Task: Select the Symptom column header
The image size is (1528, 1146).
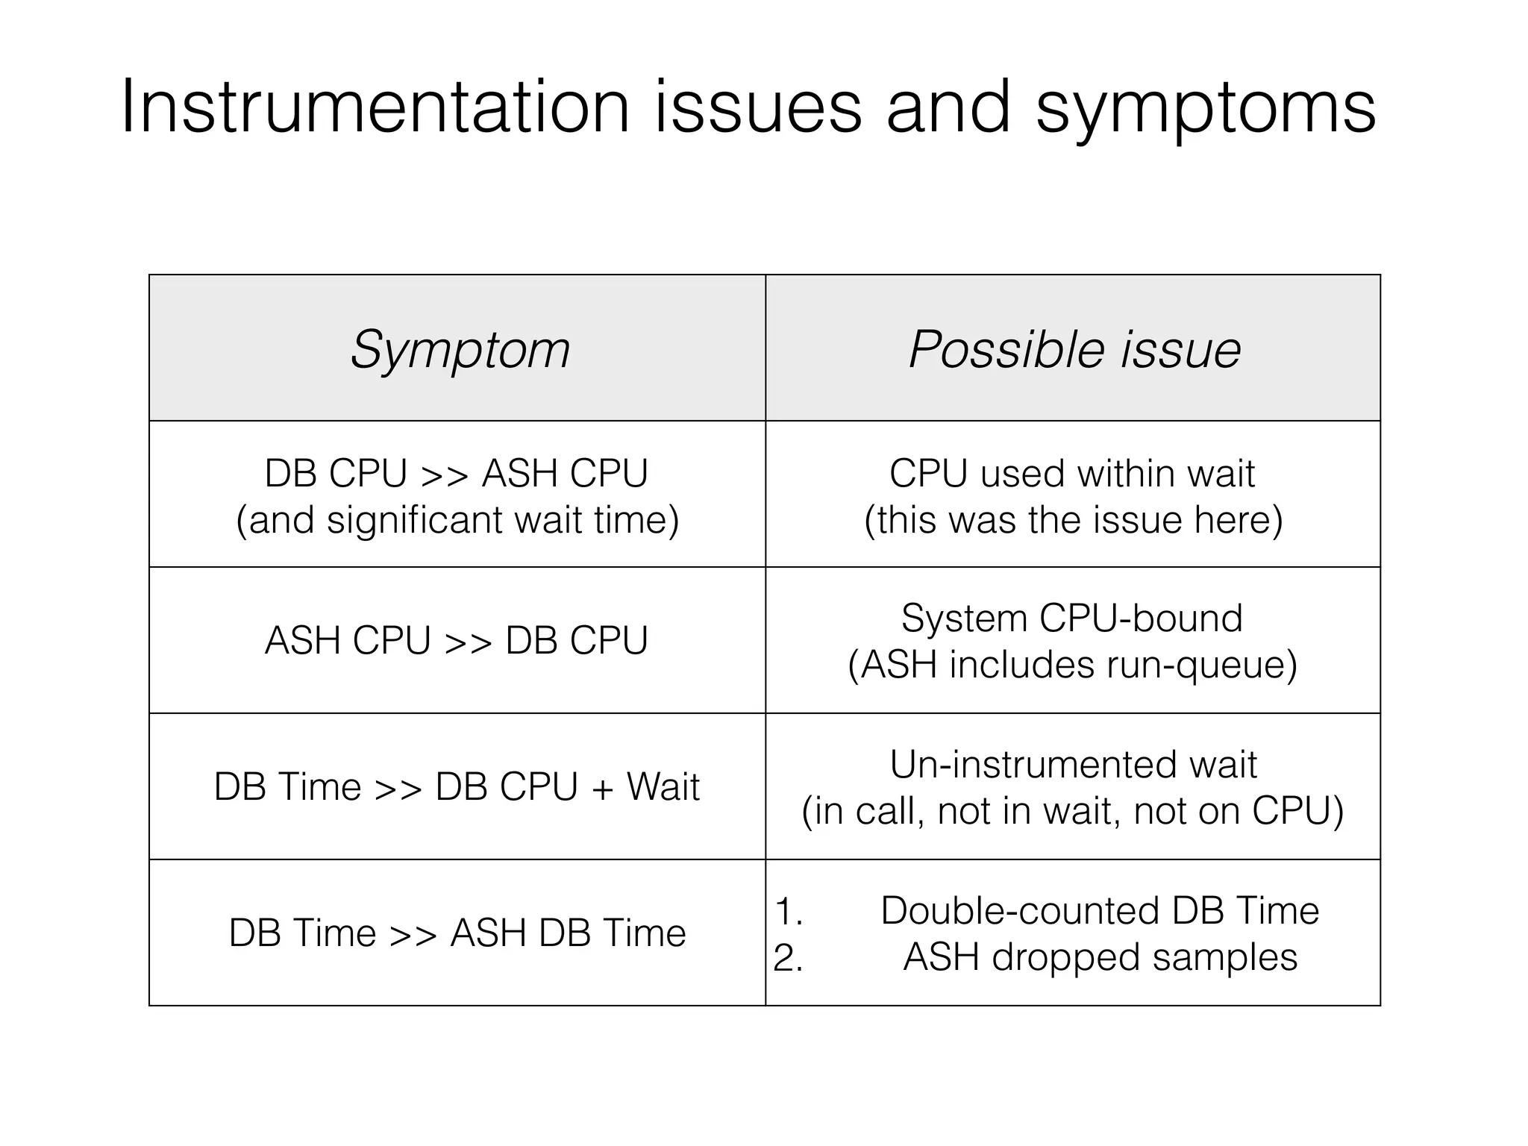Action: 460,349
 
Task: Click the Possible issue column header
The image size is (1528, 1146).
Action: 1074,349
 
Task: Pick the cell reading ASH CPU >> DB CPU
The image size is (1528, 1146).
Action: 457,640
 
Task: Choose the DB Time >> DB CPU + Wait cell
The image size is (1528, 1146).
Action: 457,786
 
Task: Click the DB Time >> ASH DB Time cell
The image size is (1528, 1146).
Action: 457,933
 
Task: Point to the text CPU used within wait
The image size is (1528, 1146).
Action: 1072,473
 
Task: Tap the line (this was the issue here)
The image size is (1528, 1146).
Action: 1073,520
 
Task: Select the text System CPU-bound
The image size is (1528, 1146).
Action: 1072,618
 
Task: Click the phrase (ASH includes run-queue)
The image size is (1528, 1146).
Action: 1073,665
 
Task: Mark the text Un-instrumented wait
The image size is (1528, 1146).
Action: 1073,764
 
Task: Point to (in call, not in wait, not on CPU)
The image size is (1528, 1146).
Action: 1073,811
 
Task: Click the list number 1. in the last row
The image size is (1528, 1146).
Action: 789,912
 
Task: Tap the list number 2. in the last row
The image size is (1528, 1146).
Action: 789,958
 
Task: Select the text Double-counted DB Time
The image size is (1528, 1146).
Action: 1100,910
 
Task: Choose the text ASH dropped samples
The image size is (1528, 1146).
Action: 1100,957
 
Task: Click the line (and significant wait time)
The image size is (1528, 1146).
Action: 457,520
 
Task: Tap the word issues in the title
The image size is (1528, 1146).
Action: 758,108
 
